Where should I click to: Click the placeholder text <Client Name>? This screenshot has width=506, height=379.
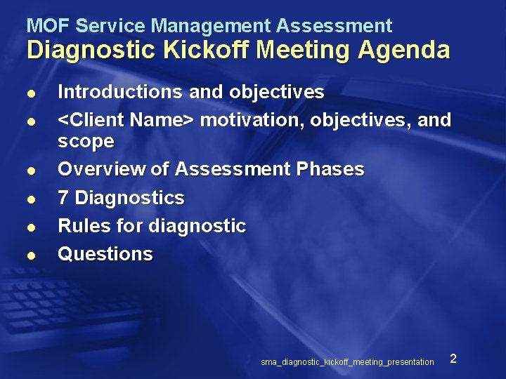[x=126, y=120]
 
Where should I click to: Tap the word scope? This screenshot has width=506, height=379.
[x=86, y=141]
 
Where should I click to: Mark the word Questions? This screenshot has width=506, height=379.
[x=105, y=254]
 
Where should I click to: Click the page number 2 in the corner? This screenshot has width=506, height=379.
[x=453, y=359]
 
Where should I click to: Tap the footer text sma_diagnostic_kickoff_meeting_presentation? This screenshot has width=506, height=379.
[x=347, y=362]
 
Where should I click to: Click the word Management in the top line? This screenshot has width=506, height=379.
[x=211, y=26]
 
